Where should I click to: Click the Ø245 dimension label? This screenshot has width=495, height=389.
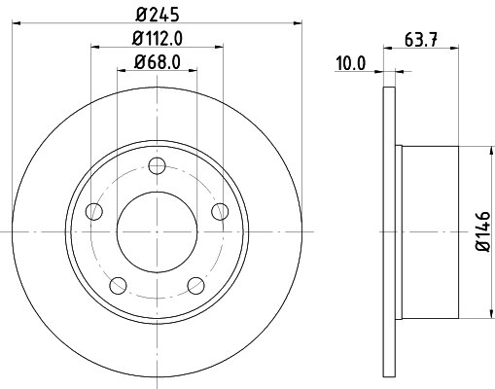point(156,14)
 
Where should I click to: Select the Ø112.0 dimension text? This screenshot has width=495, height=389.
point(157,39)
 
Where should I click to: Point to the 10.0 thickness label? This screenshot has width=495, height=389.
point(349,64)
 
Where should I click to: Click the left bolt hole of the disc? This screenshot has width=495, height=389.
point(94,211)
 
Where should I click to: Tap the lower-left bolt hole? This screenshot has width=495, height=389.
point(118,284)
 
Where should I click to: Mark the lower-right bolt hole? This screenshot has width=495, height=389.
point(195,284)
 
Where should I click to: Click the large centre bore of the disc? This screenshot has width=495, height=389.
point(157,230)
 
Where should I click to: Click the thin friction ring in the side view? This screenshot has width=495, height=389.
point(390,233)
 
